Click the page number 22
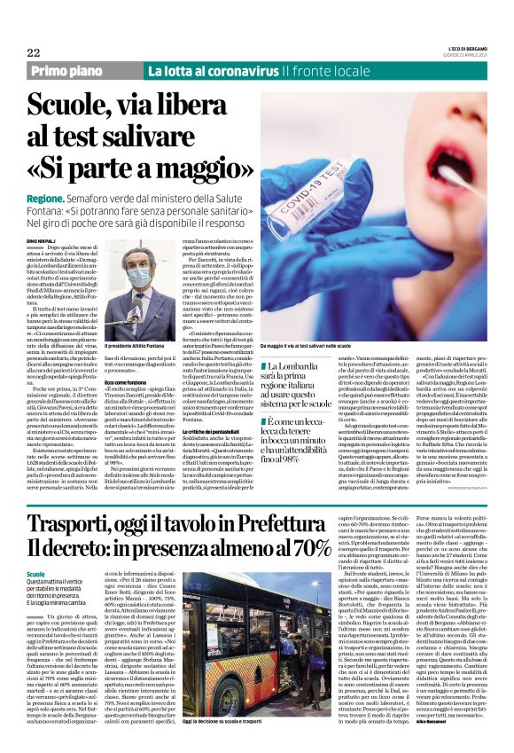pyautogui.click(x=34, y=52)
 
